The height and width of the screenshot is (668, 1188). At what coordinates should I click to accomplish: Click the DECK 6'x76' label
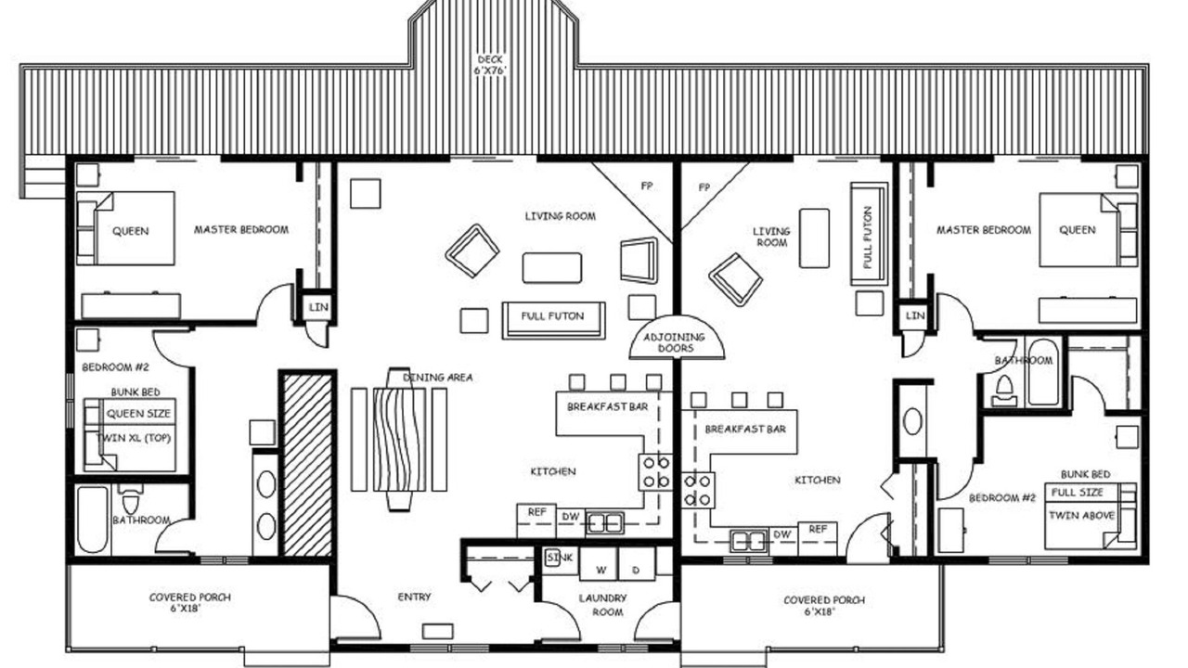point(490,65)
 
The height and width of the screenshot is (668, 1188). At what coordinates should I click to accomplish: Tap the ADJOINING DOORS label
point(675,342)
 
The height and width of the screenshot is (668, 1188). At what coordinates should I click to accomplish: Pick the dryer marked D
point(637,563)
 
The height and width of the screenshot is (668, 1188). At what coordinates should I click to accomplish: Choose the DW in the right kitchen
point(782,534)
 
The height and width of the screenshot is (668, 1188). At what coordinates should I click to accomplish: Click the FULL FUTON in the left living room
point(553,320)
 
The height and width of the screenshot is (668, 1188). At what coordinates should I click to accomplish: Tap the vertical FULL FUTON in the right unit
point(869,234)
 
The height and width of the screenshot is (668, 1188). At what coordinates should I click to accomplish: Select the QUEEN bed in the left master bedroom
point(125,228)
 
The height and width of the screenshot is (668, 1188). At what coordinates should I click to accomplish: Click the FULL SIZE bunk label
point(1078,493)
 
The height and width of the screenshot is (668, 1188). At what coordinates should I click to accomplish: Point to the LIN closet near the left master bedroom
point(318,307)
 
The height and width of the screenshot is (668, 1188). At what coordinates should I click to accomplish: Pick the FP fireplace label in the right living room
point(704,187)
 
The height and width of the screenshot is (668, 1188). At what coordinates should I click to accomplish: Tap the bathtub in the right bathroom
point(1043,372)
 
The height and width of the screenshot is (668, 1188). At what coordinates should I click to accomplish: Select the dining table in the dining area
point(399,440)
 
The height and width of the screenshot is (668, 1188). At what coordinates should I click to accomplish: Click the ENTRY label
point(414,597)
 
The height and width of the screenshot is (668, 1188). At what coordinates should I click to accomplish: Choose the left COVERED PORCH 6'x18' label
point(189,603)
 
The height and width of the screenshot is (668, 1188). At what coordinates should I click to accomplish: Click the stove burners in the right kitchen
point(697,490)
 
